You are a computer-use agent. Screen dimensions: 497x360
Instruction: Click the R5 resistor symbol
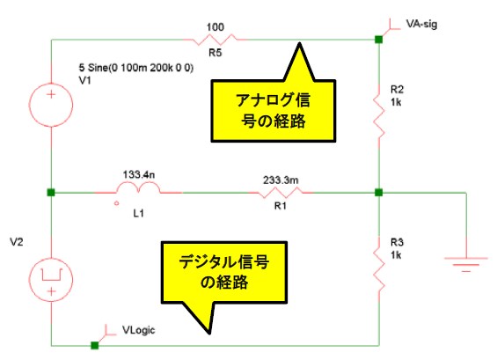[x=215, y=40]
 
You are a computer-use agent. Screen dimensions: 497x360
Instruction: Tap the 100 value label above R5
[x=216, y=27]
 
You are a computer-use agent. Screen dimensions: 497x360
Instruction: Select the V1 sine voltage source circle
[x=51, y=105]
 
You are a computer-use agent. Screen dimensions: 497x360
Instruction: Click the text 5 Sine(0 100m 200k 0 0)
[x=136, y=68]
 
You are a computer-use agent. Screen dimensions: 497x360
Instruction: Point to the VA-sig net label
[x=421, y=24]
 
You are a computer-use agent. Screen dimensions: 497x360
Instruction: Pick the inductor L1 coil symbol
[x=138, y=187]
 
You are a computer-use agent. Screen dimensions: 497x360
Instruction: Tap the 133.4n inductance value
[x=139, y=174]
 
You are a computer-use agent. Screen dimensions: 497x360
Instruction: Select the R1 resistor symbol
[x=281, y=192]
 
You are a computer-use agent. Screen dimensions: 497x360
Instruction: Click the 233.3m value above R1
[x=281, y=180]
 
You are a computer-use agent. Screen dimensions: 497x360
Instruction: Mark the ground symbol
[x=466, y=265]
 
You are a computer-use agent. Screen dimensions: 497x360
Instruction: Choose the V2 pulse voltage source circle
[x=51, y=280]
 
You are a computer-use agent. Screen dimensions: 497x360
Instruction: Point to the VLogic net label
[x=138, y=330]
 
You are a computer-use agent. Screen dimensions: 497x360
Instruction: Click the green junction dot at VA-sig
[x=379, y=40]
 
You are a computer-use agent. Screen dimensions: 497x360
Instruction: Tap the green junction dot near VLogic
[x=94, y=345]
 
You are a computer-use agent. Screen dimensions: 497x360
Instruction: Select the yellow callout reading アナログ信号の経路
[x=273, y=111]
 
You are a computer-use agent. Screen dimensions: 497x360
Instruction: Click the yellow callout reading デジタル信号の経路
[x=224, y=273]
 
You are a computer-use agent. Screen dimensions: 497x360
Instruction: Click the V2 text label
[x=17, y=242]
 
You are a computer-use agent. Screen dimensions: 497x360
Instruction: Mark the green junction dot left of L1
[x=51, y=192]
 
